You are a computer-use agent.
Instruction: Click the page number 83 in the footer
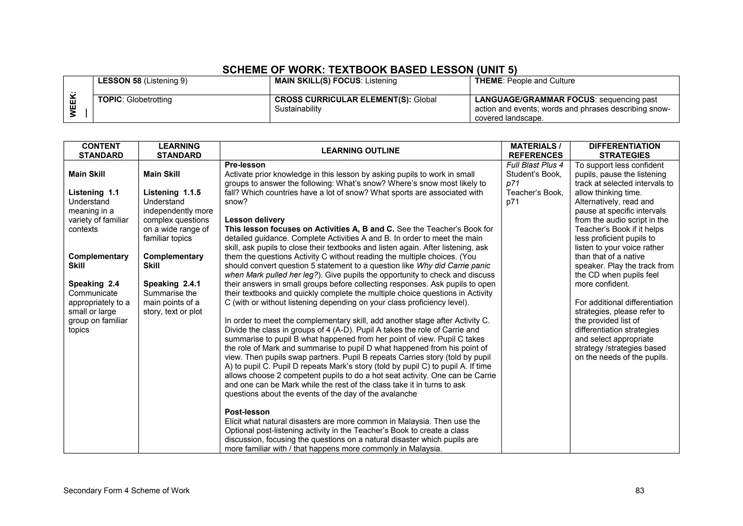640,491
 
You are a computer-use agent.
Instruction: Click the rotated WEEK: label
73,104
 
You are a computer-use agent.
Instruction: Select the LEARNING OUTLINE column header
360,151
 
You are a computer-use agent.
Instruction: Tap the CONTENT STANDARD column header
101,151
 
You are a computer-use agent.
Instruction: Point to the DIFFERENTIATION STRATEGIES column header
624,151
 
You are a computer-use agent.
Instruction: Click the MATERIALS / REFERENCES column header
535,151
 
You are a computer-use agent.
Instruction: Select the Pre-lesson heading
245,165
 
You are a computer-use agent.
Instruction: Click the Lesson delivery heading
254,220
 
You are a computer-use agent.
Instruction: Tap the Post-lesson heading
247,412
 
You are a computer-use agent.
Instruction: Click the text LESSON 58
119,81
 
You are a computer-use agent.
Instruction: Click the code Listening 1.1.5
172,193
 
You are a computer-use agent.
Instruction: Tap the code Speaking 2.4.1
172,284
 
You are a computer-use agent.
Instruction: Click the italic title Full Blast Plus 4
534,165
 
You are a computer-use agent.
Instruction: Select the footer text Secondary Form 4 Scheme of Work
126,491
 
